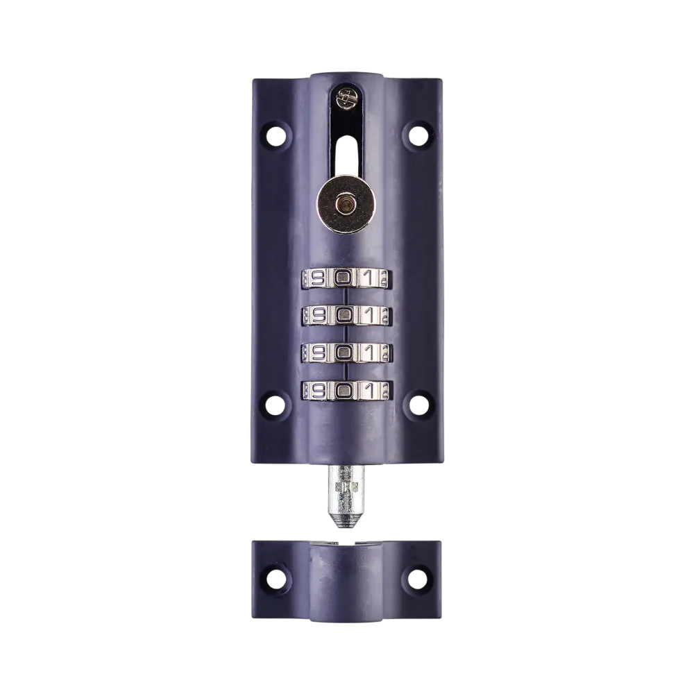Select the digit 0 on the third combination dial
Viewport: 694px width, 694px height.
tap(342, 353)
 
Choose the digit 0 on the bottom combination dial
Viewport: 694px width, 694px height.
tap(342, 390)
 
